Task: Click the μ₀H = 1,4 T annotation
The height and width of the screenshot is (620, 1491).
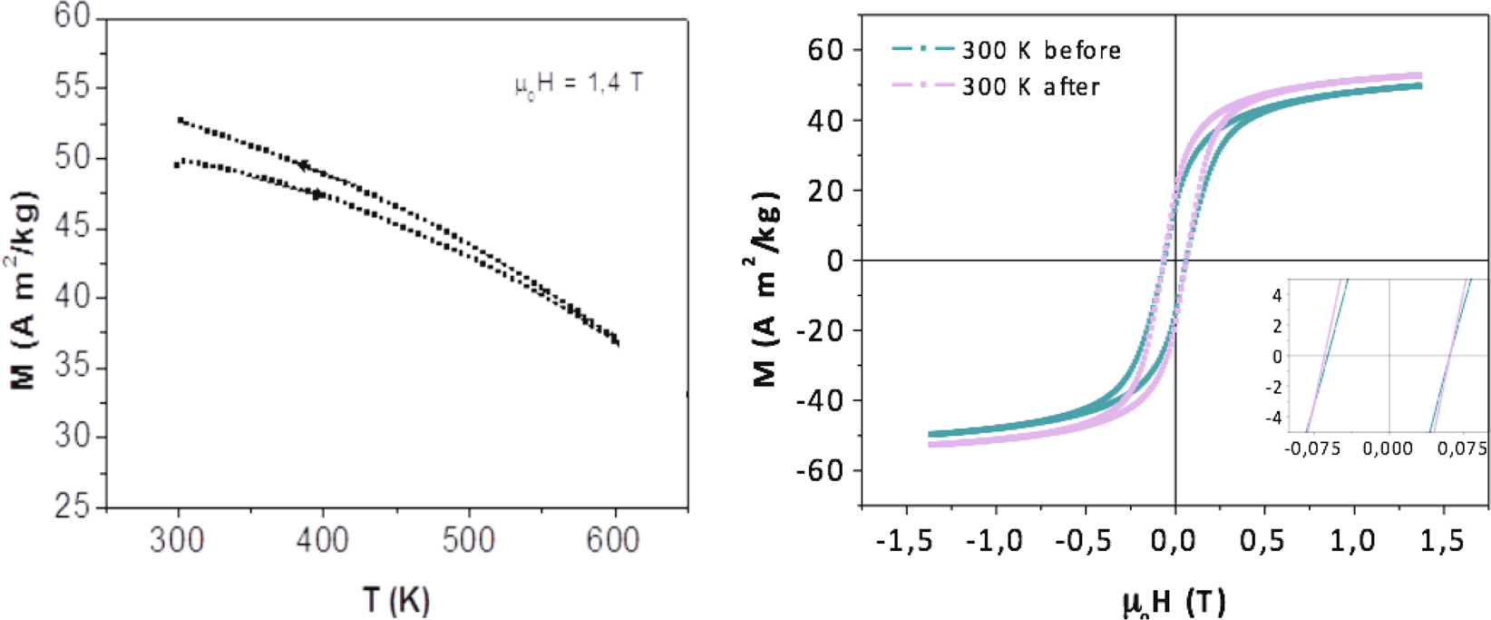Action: click(579, 84)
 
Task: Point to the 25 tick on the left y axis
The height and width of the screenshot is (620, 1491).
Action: click(73, 506)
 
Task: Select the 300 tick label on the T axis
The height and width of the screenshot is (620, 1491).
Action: click(178, 541)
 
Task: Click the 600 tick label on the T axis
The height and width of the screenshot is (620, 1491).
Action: click(613, 541)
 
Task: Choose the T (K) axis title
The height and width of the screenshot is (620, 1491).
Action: click(396, 599)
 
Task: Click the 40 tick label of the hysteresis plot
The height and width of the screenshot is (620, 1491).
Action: click(825, 121)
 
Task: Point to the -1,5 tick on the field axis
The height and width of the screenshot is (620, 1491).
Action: click(905, 541)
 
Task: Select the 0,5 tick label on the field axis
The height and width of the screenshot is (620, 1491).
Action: click(1263, 541)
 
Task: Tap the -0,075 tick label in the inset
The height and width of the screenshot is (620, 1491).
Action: click(1312, 449)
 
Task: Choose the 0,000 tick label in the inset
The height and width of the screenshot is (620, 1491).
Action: click(1388, 449)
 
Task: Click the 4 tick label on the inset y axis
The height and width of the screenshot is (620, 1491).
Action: click(1277, 295)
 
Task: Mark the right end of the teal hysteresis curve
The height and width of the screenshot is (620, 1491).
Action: click(1418, 86)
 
